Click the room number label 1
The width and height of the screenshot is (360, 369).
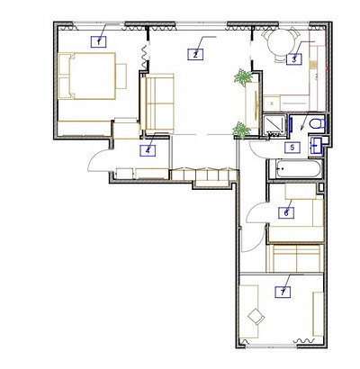click(x=98, y=41)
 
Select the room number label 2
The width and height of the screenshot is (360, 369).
click(x=195, y=54)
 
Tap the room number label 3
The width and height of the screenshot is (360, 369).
click(x=294, y=58)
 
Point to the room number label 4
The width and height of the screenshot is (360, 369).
click(x=148, y=150)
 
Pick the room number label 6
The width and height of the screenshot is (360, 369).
click(x=286, y=212)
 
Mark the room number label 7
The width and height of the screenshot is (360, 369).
click(x=283, y=292)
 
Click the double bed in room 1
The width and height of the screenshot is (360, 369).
click(x=87, y=76)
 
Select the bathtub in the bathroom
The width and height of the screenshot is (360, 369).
click(x=299, y=168)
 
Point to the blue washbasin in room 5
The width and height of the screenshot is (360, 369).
click(x=316, y=146)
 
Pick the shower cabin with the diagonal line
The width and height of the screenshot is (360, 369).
click(x=274, y=124)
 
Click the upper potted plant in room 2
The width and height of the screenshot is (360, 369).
click(x=242, y=77)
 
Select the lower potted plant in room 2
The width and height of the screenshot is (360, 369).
click(x=241, y=130)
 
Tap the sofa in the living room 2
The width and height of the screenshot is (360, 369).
click(x=157, y=103)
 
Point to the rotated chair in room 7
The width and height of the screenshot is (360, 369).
click(x=256, y=316)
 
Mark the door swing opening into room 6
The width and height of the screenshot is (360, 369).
click(x=256, y=212)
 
